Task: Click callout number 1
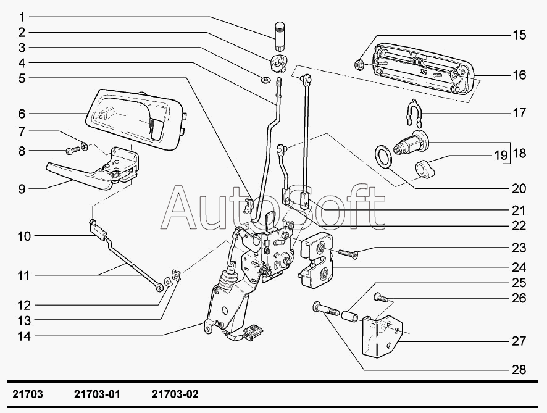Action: pos(22,16)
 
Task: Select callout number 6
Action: pos(22,114)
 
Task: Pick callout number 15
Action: pos(519,35)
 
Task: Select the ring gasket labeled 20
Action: pos(383,156)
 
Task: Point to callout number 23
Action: pos(519,248)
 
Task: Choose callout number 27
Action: pos(519,340)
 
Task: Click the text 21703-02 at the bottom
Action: pos(175,394)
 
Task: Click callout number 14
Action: pos(22,336)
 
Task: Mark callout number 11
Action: pos(22,276)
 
